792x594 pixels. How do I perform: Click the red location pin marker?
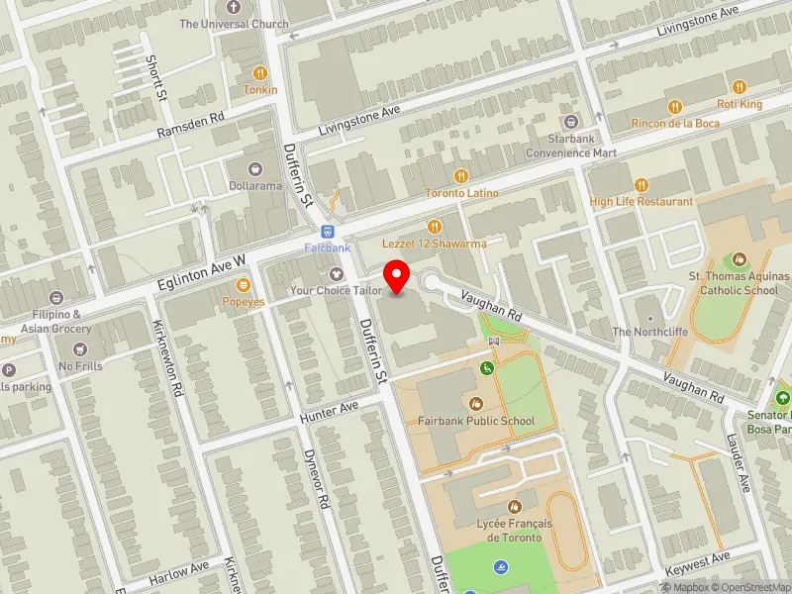pos(397,275)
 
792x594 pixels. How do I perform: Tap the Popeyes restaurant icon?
pos(243,285)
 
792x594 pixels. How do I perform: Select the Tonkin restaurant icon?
pos(260,73)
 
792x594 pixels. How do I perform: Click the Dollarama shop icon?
pos(256,169)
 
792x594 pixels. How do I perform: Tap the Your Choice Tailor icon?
pos(336,273)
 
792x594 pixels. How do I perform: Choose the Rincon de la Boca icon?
pos(676,107)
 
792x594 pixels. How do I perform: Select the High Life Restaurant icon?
pos(641,184)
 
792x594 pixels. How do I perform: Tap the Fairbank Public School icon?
pos(475,404)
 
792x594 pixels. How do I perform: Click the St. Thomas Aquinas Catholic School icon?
pos(740,260)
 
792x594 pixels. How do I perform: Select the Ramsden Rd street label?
pos(191,130)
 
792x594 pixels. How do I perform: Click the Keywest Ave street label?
pos(697,565)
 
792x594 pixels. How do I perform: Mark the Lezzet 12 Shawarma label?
pos(435,244)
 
